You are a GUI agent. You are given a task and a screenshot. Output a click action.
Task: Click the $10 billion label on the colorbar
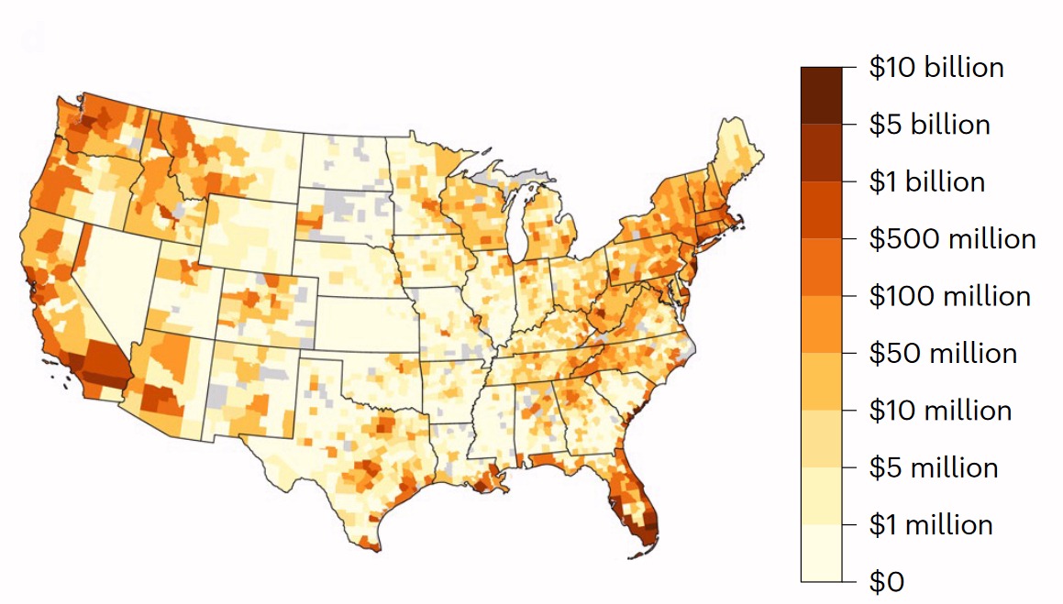[936, 68]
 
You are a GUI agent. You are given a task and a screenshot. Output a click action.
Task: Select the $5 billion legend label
[929, 125]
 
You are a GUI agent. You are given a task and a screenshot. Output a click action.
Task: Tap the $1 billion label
[926, 181]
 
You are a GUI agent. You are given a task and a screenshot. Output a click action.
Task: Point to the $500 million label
[952, 239]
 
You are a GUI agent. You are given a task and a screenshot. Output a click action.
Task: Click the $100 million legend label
[949, 296]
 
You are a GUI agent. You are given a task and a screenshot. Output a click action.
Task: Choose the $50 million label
[943, 353]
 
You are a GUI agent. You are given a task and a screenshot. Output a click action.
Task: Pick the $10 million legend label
[940, 410]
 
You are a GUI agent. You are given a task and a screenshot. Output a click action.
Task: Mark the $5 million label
[934, 467]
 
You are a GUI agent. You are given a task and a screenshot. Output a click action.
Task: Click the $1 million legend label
[931, 524]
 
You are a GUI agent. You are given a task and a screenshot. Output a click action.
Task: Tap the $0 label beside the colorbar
[886, 581]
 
